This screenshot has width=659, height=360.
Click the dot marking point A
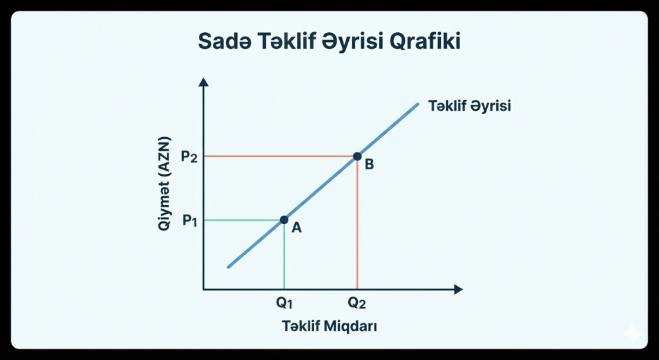pyautogui.click(x=284, y=220)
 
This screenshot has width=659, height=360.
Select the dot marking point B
pyautogui.click(x=357, y=156)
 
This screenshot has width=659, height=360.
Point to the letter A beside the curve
pyautogui.click(x=297, y=227)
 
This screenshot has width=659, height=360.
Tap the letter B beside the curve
pyautogui.click(x=369, y=164)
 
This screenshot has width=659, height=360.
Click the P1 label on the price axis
pyautogui.click(x=189, y=221)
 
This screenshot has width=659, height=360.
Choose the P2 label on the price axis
pyautogui.click(x=189, y=156)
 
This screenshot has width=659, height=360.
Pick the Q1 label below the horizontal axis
pyautogui.click(x=284, y=303)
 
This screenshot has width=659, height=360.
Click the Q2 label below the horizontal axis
pyautogui.click(x=357, y=303)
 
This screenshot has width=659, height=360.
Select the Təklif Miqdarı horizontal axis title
pyautogui.click(x=329, y=326)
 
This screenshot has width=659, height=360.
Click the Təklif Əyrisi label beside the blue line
pyautogui.click(x=469, y=106)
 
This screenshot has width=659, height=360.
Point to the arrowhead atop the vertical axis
pyautogui.click(x=203, y=82)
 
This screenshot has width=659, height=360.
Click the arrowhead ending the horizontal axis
pyautogui.click(x=458, y=290)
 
